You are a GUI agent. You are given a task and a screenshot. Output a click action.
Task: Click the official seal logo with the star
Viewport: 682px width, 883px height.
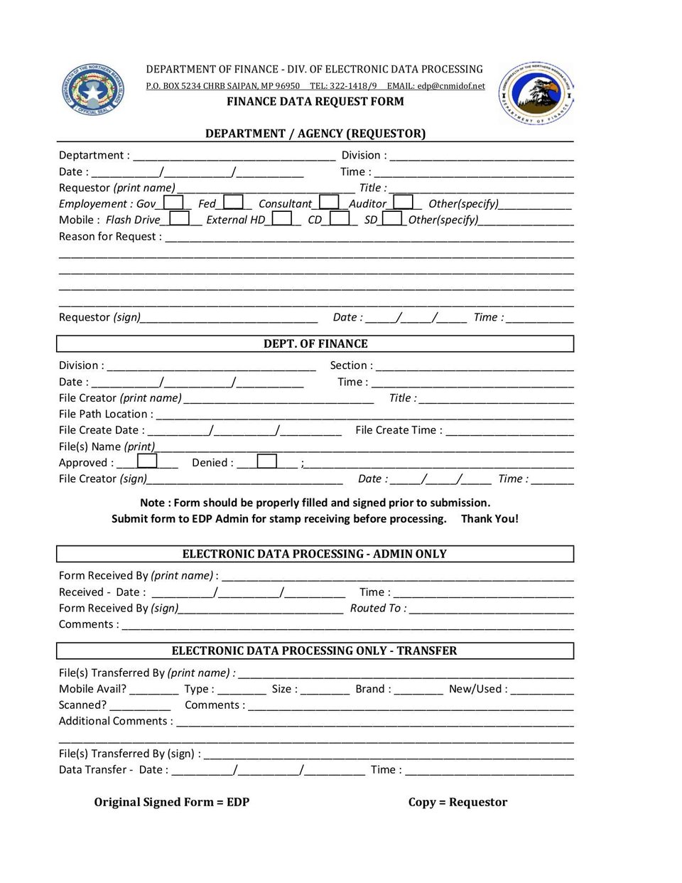tap(92, 90)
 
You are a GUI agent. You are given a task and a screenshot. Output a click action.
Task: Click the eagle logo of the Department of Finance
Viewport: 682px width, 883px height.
tap(536, 92)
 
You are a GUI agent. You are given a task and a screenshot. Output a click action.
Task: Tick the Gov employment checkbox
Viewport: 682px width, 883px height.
tap(173, 203)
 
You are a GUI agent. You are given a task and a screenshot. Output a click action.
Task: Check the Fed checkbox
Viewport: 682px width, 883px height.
tap(233, 203)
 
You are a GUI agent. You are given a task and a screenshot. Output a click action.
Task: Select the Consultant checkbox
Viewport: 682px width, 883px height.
tap(329, 203)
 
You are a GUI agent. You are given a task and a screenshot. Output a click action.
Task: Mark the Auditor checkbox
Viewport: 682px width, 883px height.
tap(403, 203)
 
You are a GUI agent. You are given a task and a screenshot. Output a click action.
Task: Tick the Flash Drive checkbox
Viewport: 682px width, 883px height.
tap(180, 219)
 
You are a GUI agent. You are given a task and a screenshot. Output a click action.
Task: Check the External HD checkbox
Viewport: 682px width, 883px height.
tap(282, 219)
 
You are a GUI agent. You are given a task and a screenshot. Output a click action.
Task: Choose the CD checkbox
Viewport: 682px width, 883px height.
tap(340, 219)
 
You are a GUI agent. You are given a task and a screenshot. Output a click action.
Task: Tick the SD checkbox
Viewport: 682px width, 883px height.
tap(392, 219)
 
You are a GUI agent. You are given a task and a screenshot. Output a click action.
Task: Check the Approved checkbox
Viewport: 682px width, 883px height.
tap(147, 461)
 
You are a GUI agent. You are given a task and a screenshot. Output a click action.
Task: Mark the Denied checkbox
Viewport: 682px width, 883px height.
tap(267, 461)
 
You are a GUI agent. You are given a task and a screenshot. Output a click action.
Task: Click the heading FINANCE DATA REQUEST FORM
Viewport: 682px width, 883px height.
tap(315, 102)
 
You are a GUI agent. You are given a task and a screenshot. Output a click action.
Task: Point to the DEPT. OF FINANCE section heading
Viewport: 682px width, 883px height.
tap(315, 344)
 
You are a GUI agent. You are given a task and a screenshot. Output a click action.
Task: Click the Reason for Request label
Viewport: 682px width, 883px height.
tap(110, 237)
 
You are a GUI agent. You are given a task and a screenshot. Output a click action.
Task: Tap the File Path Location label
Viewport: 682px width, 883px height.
tap(106, 414)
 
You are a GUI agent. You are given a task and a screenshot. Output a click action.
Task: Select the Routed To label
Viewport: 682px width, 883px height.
tap(378, 609)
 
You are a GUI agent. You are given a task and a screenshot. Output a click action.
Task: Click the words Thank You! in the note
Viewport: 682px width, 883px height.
tap(489, 519)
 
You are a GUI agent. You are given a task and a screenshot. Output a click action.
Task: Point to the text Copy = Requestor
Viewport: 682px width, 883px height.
tap(458, 802)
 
